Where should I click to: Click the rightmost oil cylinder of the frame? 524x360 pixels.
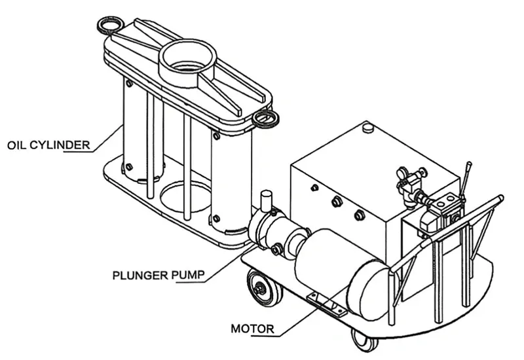pos(230,183)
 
